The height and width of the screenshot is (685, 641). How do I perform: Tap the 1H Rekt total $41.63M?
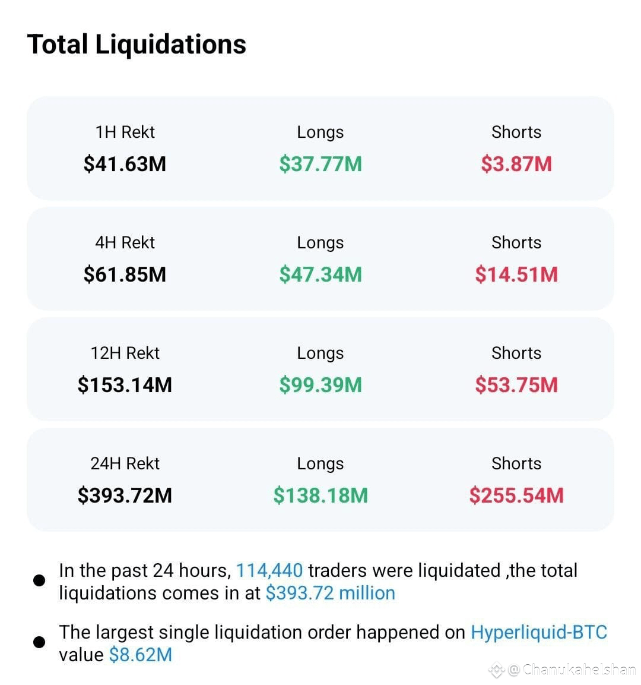pos(125,164)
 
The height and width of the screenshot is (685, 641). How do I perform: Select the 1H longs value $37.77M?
pos(320,164)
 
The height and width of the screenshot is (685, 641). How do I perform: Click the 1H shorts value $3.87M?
pos(516,164)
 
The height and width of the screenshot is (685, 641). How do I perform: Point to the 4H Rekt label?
pos(125,242)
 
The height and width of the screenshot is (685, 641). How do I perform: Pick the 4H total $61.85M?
pos(125,275)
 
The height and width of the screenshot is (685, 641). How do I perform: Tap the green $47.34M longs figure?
pos(320,275)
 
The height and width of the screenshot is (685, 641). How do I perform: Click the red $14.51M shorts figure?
pos(516,275)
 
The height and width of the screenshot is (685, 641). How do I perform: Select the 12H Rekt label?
pos(125,353)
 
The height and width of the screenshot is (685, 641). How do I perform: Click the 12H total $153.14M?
pos(125,386)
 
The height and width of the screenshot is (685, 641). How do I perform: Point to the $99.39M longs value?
pos(320,386)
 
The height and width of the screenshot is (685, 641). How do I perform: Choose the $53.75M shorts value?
pos(516,386)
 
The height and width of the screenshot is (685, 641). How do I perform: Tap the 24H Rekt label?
pos(125,463)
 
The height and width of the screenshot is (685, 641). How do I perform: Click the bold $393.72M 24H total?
pos(125,496)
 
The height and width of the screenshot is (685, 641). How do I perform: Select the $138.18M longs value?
pos(320,496)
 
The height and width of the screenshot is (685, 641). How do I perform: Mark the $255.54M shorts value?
pos(516,496)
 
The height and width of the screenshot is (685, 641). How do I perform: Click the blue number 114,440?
pos(269,571)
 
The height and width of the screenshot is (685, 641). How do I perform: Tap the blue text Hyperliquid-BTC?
pos(539,633)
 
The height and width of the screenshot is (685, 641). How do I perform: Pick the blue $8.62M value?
pos(141,655)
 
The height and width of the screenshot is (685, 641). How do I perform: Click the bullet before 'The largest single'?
pos(39,642)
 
